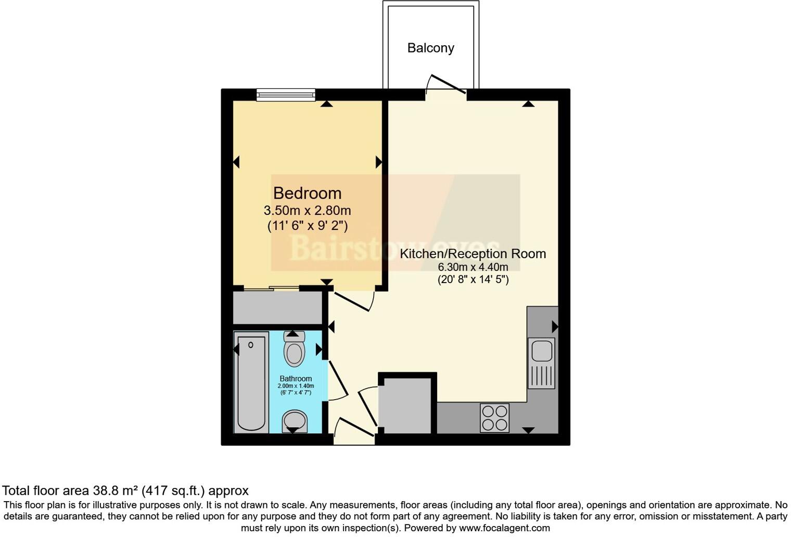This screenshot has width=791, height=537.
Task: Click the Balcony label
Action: point(430,48)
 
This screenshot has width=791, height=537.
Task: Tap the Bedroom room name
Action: point(307,193)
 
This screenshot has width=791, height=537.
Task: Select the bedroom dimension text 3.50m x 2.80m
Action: point(307,211)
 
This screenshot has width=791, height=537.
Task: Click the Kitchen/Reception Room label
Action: point(473,253)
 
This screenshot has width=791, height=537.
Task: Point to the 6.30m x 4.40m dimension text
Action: point(473,267)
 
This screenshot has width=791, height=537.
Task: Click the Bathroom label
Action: point(296,379)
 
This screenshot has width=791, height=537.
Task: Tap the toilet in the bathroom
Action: point(294,350)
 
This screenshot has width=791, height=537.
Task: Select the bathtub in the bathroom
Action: point(251,382)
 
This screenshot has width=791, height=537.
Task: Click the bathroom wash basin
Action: point(295,420)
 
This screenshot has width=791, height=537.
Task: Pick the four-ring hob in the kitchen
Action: point(494,418)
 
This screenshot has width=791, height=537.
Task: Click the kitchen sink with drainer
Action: point(541,363)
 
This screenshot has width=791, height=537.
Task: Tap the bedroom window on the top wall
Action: point(286,95)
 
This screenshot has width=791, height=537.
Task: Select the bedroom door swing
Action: point(354,301)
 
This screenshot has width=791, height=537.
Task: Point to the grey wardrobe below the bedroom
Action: point(277,308)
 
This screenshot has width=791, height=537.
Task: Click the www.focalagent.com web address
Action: point(504,528)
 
